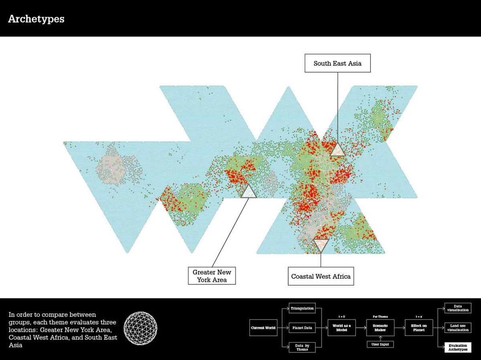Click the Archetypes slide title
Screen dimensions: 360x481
coord(36,19)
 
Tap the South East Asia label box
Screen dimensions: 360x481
coord(338,63)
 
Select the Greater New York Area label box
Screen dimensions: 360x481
coord(212,276)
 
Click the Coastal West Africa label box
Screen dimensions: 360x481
coord(321,276)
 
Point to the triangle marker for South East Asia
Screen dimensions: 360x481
coord(337,150)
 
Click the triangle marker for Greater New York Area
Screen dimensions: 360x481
coord(249,191)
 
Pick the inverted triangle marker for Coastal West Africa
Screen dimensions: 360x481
coord(321,245)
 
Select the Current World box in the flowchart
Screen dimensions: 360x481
coord(263,328)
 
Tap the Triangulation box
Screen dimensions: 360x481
coord(302,308)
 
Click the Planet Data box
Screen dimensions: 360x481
coord(302,328)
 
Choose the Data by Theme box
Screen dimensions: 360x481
coord(302,347)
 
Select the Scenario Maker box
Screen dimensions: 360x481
coord(380,328)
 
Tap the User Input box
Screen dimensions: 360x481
coord(380,344)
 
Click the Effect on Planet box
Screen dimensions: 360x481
coord(418,328)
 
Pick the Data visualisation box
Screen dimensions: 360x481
coord(458,308)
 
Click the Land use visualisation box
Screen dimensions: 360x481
coord(458,328)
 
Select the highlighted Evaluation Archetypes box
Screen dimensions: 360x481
coord(458,347)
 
